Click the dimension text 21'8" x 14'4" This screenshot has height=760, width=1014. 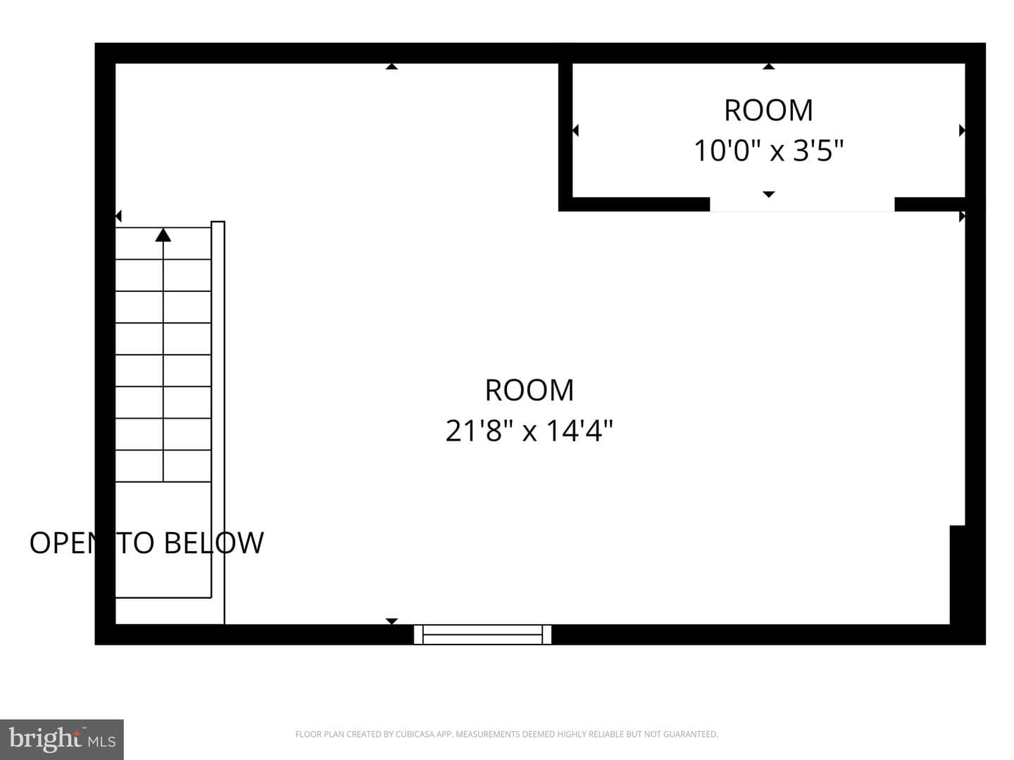coord(529,431)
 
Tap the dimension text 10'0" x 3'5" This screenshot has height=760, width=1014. coord(769,151)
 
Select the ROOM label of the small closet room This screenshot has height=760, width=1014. coord(769,110)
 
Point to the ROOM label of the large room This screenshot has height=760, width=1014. coord(530,391)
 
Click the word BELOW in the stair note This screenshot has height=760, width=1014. coord(214,543)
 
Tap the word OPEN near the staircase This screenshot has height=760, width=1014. coord(63,543)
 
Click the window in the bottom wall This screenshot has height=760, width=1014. coord(482,634)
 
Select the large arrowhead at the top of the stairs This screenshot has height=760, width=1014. coord(163,235)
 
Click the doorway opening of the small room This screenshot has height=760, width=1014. coord(802,204)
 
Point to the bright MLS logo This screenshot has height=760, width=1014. coord(62,739)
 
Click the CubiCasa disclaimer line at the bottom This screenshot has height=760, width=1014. coord(507,734)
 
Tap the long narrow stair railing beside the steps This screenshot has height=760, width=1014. coord(218,422)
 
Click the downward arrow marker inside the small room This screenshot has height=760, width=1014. coord(769,194)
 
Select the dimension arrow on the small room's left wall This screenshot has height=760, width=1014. coord(575,131)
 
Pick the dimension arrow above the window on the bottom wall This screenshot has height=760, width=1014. coord(392,621)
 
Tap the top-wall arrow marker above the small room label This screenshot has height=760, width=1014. coord(769,66)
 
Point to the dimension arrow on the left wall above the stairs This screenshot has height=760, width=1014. coord(118,215)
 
